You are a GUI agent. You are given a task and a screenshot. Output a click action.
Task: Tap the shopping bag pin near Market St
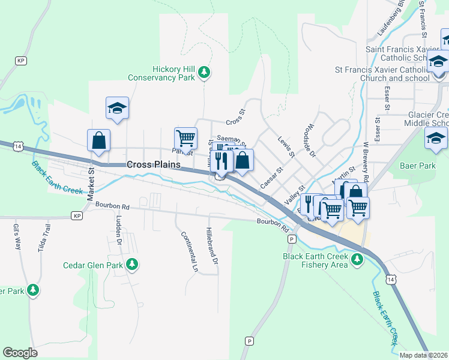(x=98, y=141)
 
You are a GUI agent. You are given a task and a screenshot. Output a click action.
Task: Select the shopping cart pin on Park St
(x=185, y=138)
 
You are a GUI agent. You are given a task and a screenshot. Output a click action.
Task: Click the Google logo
(x=20, y=353)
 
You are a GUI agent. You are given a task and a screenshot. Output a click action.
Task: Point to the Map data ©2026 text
(x=424, y=355)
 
